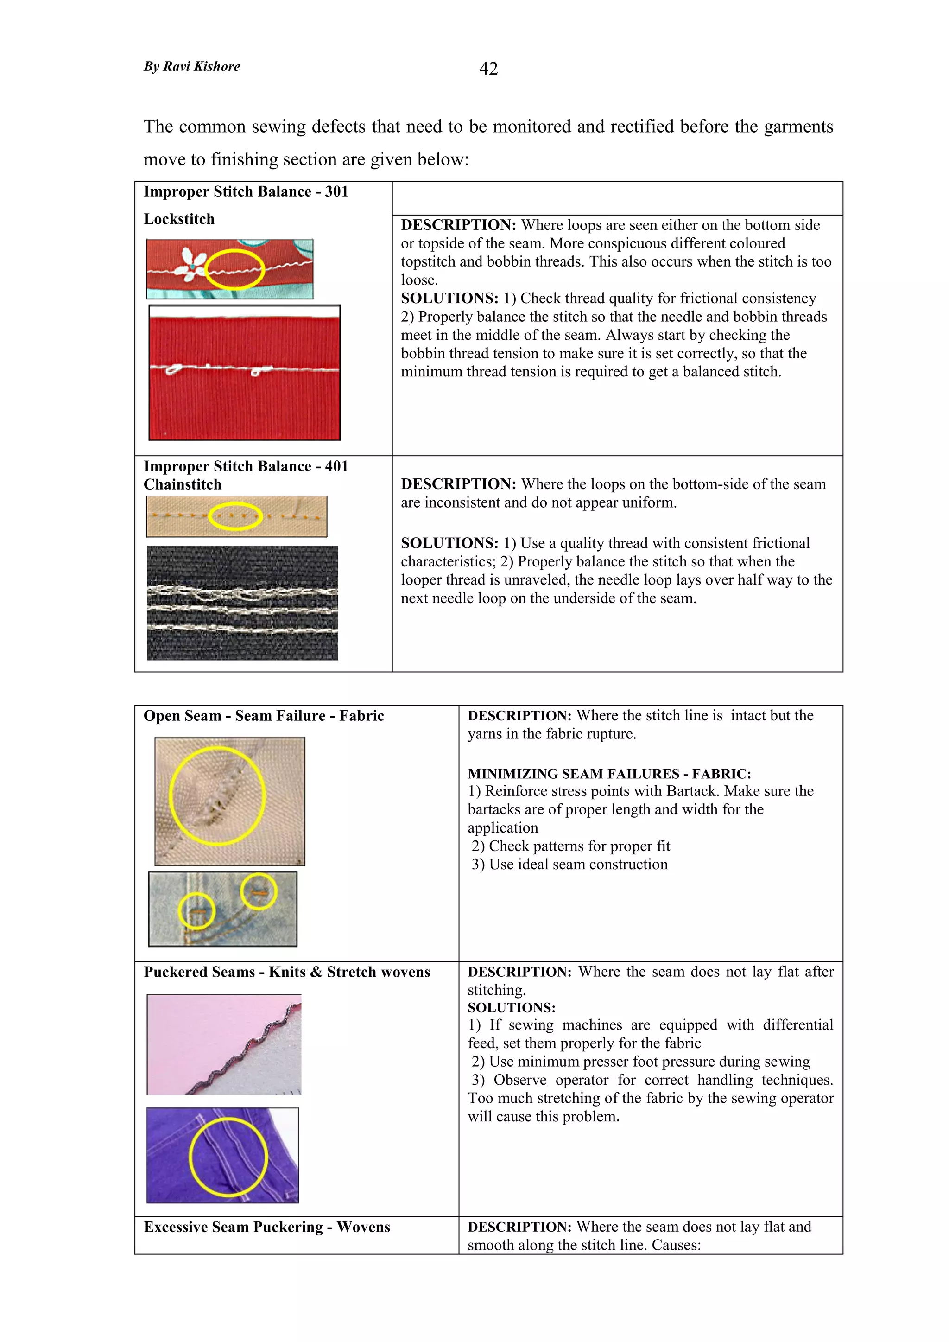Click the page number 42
click(x=488, y=69)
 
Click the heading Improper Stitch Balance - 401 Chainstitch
click(x=246, y=475)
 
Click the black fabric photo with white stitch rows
click(x=242, y=603)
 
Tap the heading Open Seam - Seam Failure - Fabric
click(x=264, y=716)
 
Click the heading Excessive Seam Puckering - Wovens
click(x=266, y=1227)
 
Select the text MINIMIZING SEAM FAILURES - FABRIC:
click(x=609, y=774)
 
